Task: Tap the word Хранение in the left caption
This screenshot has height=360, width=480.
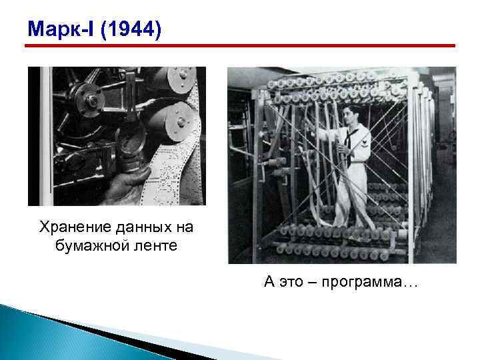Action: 73,228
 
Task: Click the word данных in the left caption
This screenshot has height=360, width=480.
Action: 135,228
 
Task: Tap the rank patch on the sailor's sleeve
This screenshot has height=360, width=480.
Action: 365,144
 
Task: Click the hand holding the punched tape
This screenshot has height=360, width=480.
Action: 125,184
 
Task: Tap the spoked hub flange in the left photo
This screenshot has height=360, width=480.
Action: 90,100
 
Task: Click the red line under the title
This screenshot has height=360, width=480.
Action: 240,46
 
